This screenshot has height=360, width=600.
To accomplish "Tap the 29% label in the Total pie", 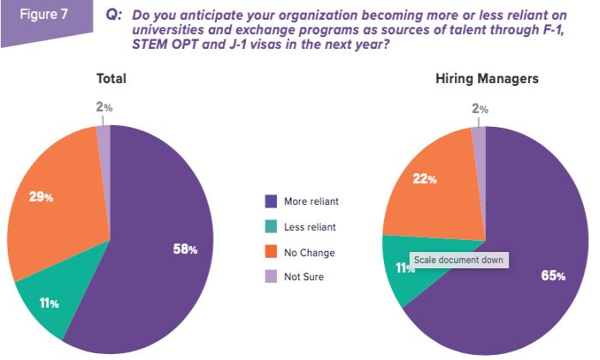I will [42, 197].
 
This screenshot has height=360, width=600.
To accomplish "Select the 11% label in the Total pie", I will [48, 303].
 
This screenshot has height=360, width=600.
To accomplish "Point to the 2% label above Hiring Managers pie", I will [480, 109].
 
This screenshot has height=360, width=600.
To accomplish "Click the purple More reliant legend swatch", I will [270, 201].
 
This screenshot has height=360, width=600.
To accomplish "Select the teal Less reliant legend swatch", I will [270, 227].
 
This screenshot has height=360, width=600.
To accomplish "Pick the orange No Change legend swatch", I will [270, 253].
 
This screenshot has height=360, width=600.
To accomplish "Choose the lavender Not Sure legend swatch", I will [270, 278].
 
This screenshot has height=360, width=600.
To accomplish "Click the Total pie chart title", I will [111, 79].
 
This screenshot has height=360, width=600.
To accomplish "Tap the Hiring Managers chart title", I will [487, 79].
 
